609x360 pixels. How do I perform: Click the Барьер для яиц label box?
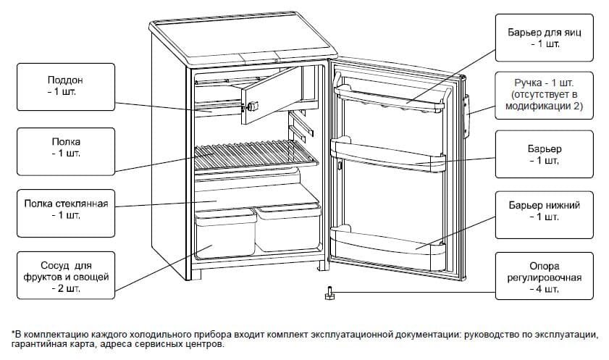pyautogui.click(x=544, y=38)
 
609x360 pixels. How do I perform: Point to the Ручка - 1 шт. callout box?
pyautogui.click(x=544, y=95)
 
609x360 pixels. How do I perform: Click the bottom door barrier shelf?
pyautogui.click(x=387, y=243)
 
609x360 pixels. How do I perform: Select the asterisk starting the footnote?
pyautogui.click(x=12, y=332)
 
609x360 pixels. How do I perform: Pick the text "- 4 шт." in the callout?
pyautogui.click(x=544, y=289)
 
